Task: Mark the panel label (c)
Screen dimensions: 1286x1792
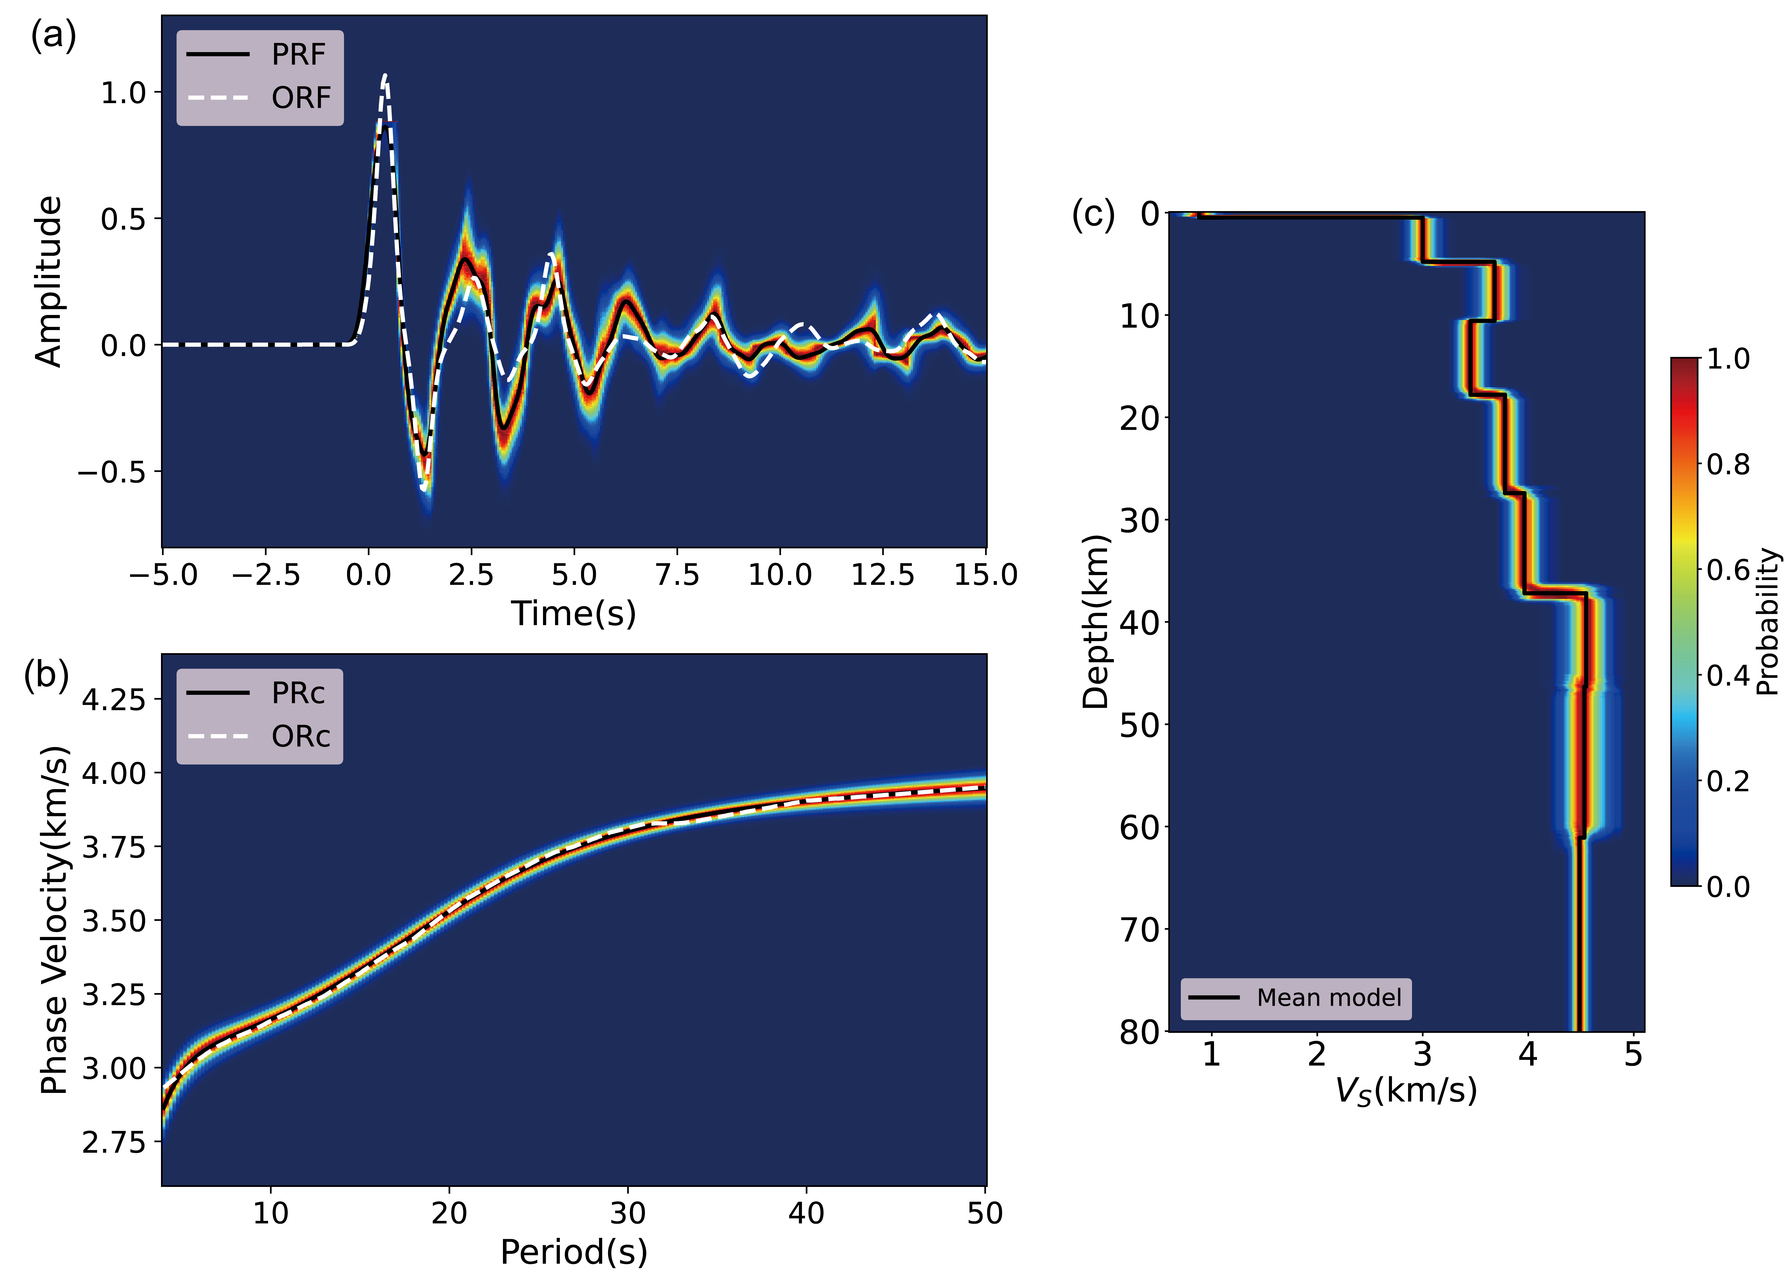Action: pyautogui.click(x=1093, y=214)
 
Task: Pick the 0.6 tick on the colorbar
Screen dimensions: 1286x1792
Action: pyautogui.click(x=1728, y=570)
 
